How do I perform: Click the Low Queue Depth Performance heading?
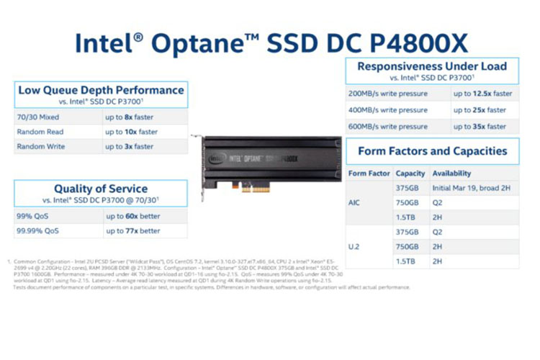point(101,91)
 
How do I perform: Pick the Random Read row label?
point(40,132)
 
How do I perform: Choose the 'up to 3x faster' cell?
point(129,146)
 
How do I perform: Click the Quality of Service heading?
point(101,189)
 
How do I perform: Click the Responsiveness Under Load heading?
point(432,66)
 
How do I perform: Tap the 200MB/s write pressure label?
point(388,94)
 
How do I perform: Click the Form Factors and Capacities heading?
point(432,151)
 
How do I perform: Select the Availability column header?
point(451,174)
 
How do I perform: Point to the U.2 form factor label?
point(355,247)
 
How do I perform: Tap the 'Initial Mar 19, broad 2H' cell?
point(472,188)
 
